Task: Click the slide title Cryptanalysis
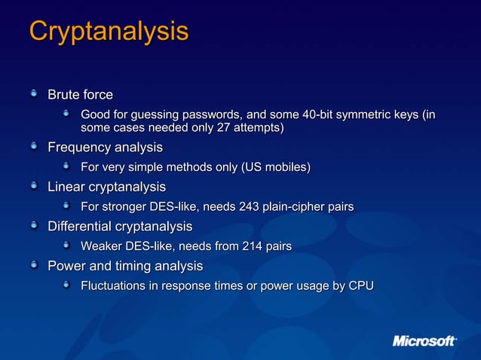tap(109, 32)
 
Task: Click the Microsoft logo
tap(424, 341)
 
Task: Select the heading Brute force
tap(80, 95)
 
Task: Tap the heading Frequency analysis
tap(105, 146)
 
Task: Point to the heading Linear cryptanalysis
tap(106, 186)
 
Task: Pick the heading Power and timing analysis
tap(125, 266)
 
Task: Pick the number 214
tap(254, 246)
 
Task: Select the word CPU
tap(360, 286)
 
